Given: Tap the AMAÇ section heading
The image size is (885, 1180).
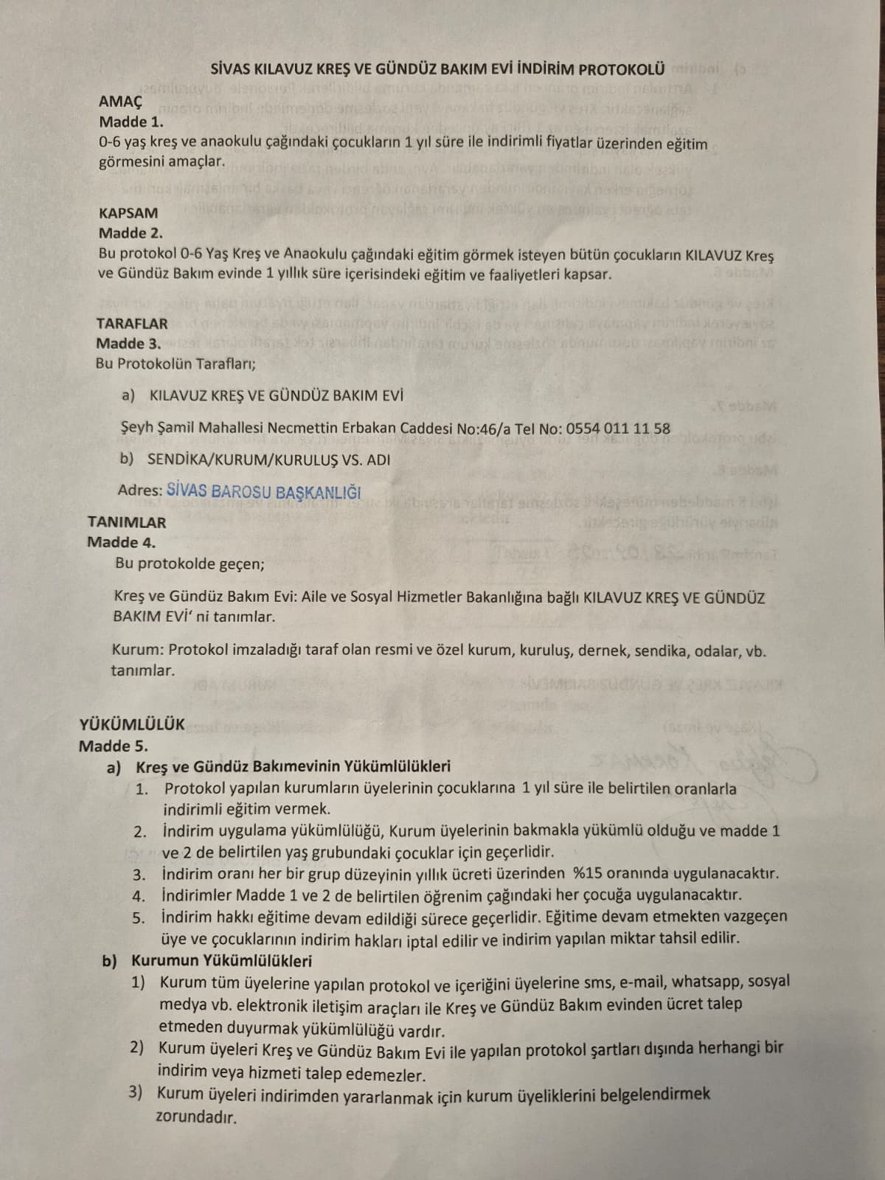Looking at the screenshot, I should coord(121,102).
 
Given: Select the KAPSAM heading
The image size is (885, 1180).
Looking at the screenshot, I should coord(128,213).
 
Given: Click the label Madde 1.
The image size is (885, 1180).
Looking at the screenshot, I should coord(131,122).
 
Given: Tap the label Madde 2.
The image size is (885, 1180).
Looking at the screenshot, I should coord(131,233).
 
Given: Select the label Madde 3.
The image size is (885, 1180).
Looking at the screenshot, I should coord(128,343).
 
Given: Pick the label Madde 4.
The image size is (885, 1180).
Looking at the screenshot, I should coord(121,542).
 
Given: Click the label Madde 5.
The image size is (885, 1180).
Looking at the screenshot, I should coord(114,746).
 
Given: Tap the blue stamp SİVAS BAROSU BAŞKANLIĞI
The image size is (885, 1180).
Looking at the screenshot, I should coord(264,491).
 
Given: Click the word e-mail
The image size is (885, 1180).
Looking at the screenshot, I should coord(641,982).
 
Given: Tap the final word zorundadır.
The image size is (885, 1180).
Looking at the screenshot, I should coord(196,1117).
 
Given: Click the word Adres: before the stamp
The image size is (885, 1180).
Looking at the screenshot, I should coord(139,490).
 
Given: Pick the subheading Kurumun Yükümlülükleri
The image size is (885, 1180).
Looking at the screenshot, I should coord(221,961).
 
